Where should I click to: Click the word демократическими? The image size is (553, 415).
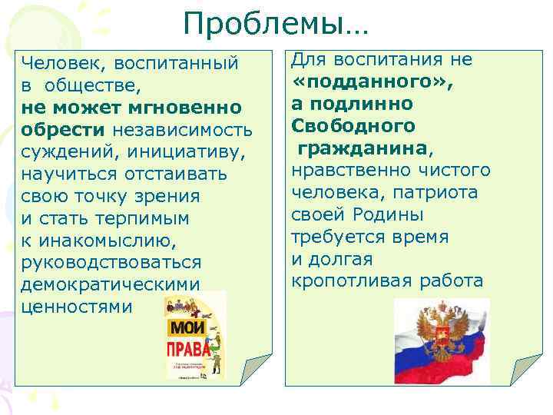pos(111,285)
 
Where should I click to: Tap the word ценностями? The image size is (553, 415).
pos(77,307)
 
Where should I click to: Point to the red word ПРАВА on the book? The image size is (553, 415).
pos(188,351)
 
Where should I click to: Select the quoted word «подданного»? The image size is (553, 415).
pos(373,81)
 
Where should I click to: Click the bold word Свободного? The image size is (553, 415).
pos(354,125)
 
